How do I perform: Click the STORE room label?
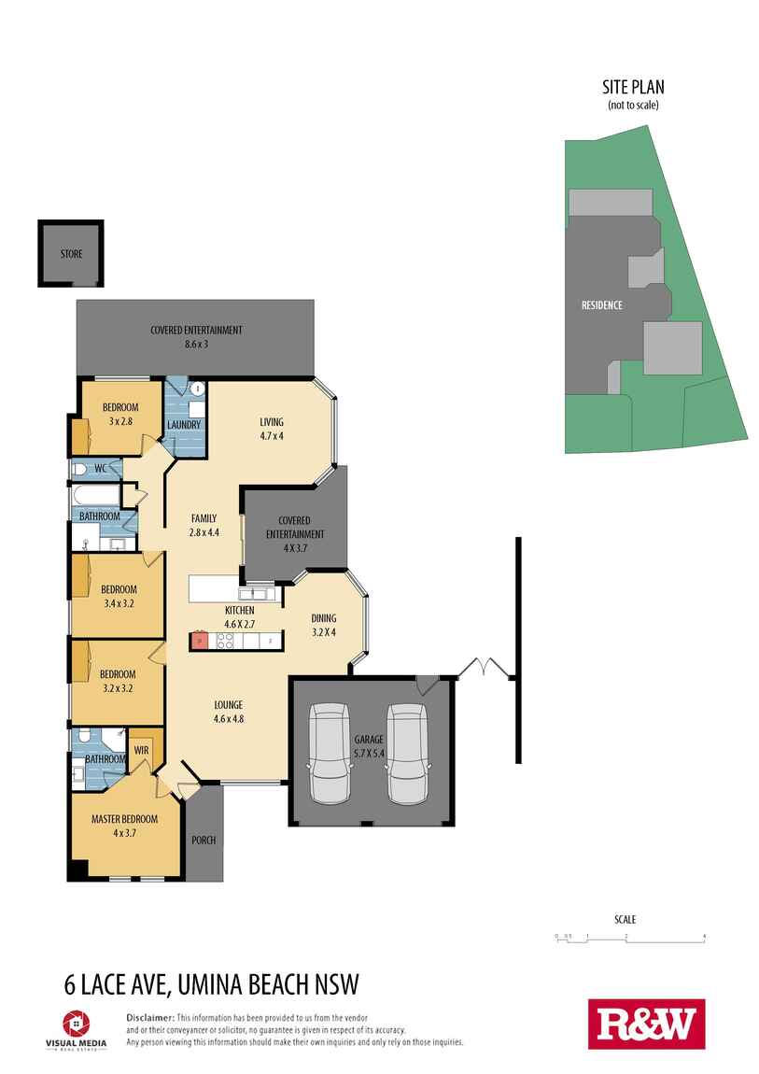click(x=71, y=254)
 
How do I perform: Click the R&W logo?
click(x=646, y=1024)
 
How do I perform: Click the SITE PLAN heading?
click(x=633, y=88)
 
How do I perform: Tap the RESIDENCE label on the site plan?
click(x=601, y=305)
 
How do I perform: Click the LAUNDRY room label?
click(x=184, y=425)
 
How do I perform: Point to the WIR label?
click(x=142, y=749)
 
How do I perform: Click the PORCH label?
click(x=204, y=840)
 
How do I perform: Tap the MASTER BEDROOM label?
click(x=124, y=819)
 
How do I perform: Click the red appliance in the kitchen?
click(x=198, y=641)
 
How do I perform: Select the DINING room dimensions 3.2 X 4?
click(x=323, y=631)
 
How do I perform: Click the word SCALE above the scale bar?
click(x=625, y=920)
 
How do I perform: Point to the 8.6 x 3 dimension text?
click(x=196, y=344)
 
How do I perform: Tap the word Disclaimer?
click(x=149, y=1016)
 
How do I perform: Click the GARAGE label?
click(x=368, y=739)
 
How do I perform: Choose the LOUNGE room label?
click(x=228, y=705)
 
